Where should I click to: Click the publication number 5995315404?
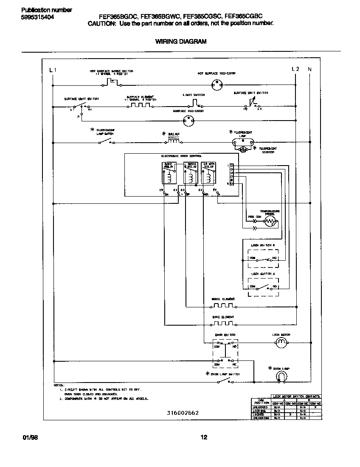point(37,17)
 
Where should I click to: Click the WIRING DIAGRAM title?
point(180,42)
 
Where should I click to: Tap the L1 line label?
point(52,70)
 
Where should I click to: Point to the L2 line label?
point(295,69)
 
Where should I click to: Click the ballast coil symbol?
point(174,140)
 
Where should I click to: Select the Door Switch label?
point(225,335)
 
